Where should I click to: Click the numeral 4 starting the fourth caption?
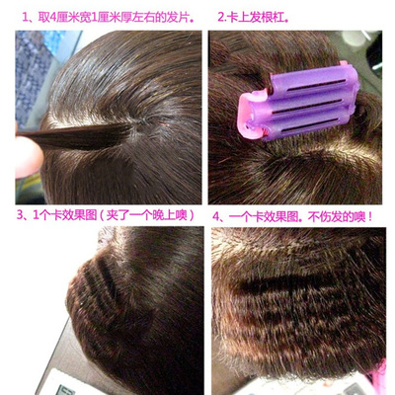217,214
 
